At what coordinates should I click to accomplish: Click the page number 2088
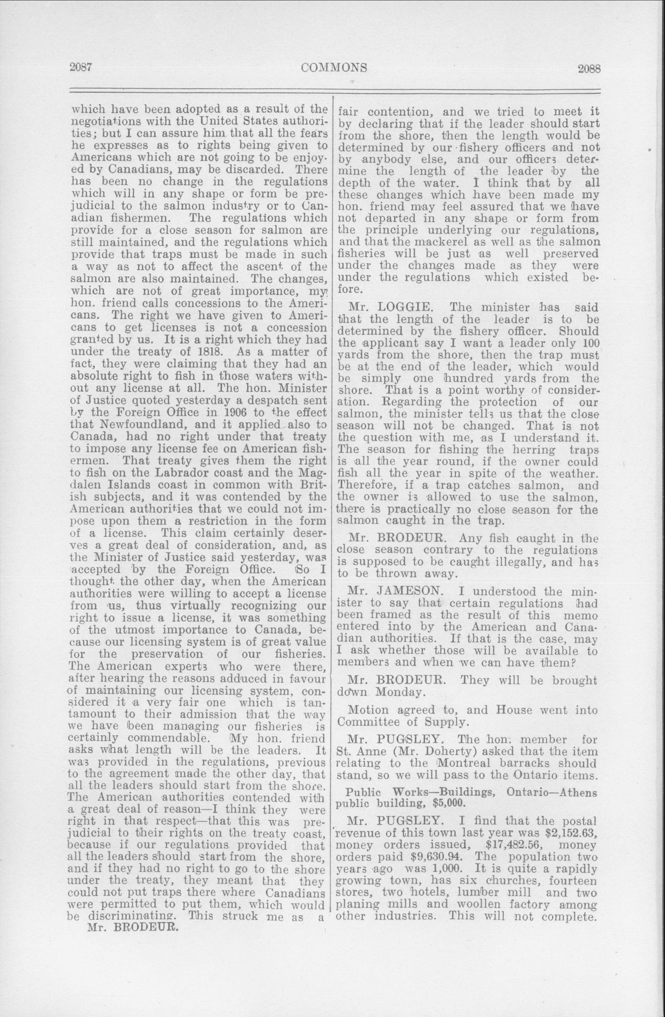tap(589, 68)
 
